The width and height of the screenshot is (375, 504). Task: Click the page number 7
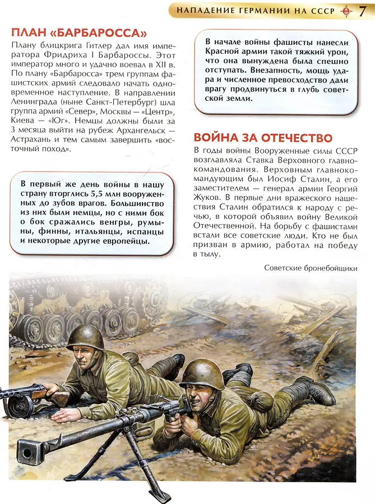[363, 11]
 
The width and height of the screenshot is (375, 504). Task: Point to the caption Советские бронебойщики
[310, 268]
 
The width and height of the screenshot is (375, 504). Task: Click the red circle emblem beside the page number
[346, 11]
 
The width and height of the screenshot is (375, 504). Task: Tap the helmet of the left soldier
[85, 337]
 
